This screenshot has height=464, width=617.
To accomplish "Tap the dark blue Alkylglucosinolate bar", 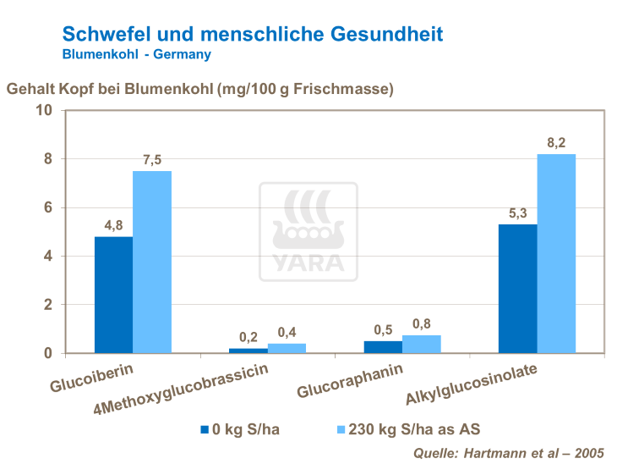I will [x=517, y=289].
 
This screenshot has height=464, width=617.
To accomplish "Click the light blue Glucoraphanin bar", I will [x=421, y=344].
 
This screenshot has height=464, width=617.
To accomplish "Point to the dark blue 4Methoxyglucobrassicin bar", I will [x=248, y=350].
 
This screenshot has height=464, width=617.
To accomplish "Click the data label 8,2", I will [x=556, y=142].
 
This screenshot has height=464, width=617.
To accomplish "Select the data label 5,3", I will [x=517, y=213].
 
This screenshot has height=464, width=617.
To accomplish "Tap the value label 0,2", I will [x=248, y=336].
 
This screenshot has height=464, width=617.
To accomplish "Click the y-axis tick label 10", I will [x=44, y=111].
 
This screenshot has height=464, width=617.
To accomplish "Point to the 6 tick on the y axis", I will [x=48, y=207].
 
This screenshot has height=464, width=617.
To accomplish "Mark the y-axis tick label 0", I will [x=48, y=353].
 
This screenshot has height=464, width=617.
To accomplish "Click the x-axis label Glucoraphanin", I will [x=349, y=381].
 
